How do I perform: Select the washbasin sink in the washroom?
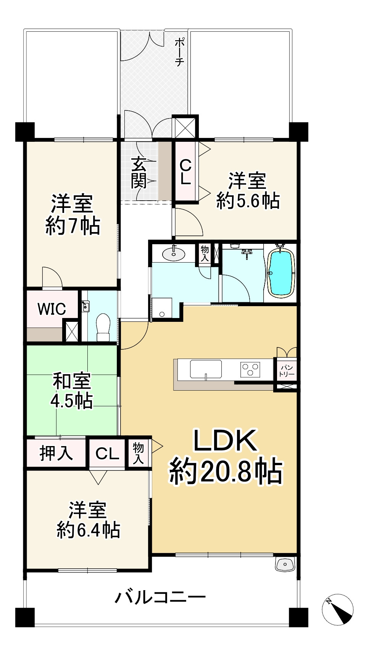pos(173,253)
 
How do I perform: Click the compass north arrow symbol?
pos(338,609)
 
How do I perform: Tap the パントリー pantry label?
pos(287,371)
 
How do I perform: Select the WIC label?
pos(52,309)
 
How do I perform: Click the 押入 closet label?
pos(56,453)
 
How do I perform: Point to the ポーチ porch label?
pos(180,52)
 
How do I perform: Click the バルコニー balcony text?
pos(160,597)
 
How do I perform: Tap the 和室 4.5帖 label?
pos(72,391)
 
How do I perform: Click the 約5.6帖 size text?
pos(248,200)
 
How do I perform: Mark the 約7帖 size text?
pos(73,226)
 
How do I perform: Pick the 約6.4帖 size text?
pos(89,530)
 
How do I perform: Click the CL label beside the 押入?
pos(107,454)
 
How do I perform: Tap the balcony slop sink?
pos(285,564)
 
